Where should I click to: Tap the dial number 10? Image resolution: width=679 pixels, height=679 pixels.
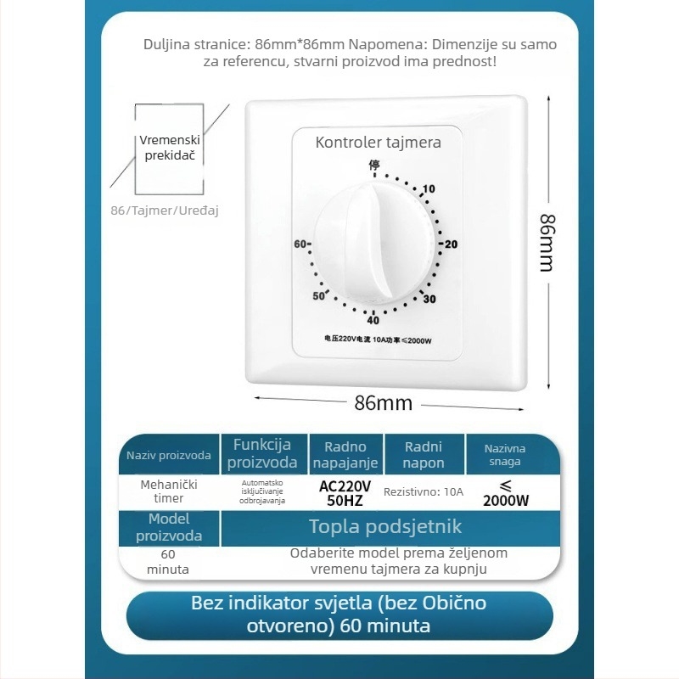pos(429,188)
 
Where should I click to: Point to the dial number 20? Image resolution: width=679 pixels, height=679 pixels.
pos(451,244)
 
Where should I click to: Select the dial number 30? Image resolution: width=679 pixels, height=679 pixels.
pos(429,299)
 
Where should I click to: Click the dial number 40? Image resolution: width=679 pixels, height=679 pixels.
pos(373,320)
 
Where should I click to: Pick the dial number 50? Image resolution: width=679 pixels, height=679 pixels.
pos(318,296)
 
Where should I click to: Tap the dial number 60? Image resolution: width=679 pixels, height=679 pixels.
pos(300,244)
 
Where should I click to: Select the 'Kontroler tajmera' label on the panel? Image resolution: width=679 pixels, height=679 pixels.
pos(379,142)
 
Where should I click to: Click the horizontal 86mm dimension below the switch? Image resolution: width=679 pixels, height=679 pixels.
pos(383,403)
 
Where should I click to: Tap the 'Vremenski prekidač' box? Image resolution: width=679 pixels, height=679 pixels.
pos(169,146)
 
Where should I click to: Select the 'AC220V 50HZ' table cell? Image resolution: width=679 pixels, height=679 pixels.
pos(345,493)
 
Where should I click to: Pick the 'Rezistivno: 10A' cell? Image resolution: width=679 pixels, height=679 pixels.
pos(424,491)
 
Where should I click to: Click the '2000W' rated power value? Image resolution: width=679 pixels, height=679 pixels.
pos(506,500)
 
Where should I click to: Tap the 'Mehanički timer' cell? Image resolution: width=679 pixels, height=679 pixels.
pos(168,491)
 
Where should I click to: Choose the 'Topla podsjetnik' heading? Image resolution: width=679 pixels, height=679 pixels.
pos(385,527)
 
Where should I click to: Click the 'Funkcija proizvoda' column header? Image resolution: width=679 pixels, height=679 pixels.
pos(262,453)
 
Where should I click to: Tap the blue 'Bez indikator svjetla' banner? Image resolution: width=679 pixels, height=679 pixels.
pos(340,615)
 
